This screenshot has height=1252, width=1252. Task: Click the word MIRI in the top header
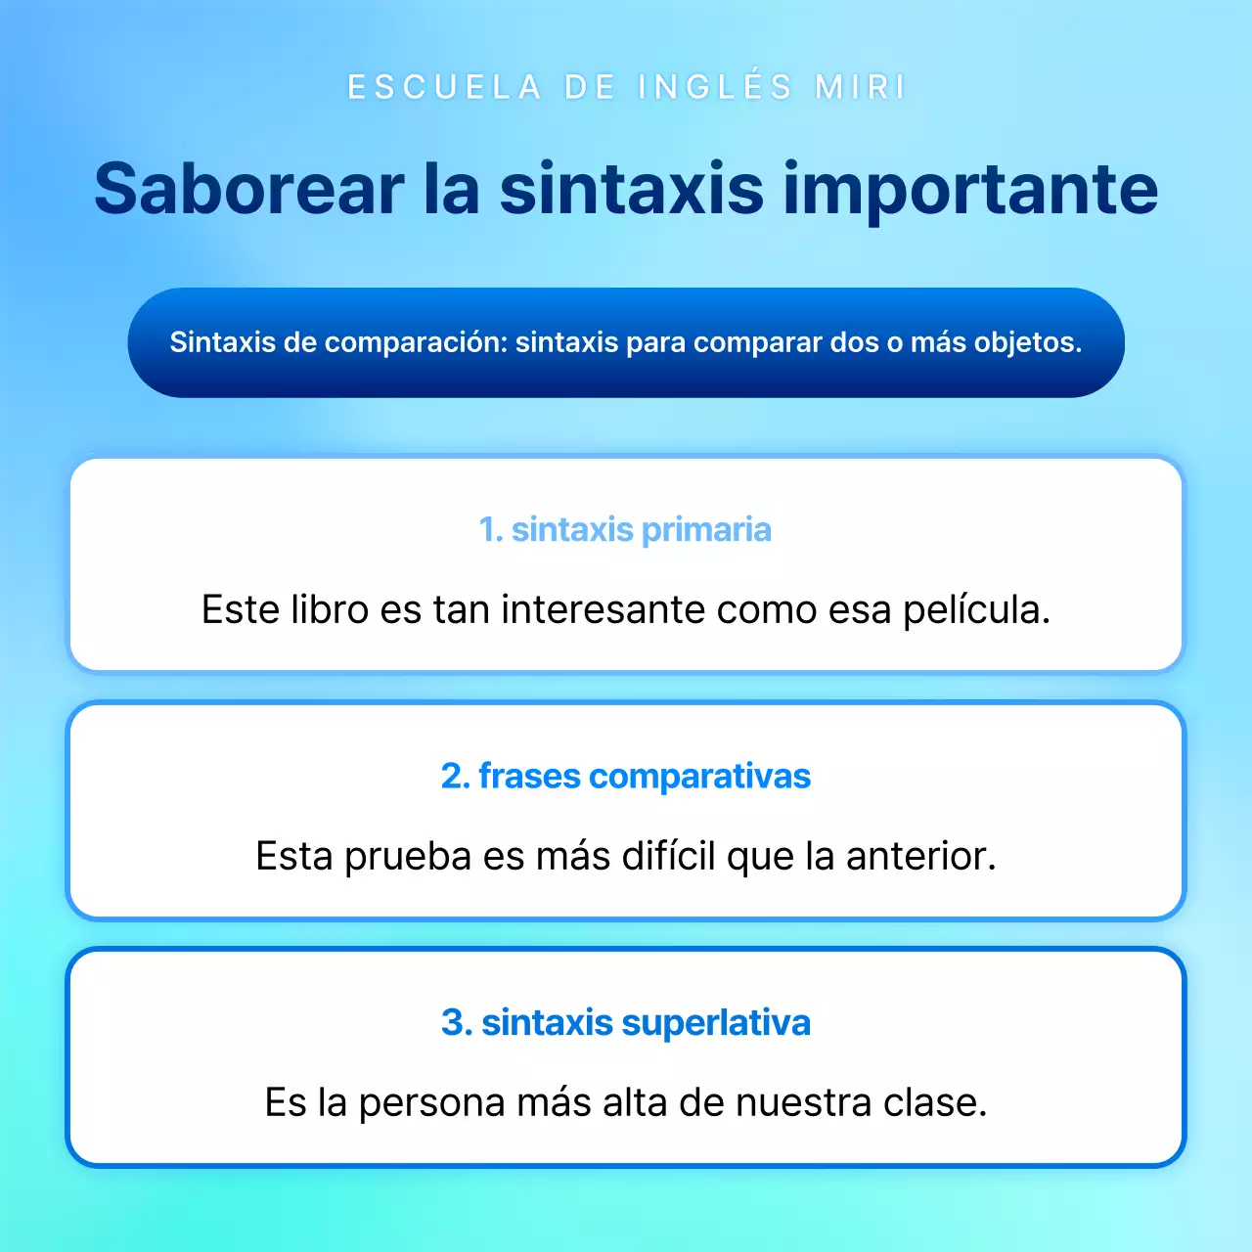coord(861,87)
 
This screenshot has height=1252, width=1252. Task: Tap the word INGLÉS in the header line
coord(715,87)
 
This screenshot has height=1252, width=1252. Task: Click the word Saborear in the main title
coord(248,189)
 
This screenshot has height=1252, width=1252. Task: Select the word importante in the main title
coord(969,189)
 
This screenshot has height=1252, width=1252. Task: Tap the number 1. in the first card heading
coord(491,529)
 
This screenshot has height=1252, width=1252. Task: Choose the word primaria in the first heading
coord(706,529)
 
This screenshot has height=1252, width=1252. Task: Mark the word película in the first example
coord(975,609)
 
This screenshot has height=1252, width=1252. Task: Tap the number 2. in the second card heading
coord(455,776)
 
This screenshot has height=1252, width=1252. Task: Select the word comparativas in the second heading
coord(699,776)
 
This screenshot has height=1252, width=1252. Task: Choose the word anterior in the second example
coord(920,856)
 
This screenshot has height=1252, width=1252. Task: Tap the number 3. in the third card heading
coord(457,1022)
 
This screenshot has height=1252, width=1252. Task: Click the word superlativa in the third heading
coord(715,1022)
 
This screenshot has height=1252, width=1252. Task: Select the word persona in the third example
coord(432,1102)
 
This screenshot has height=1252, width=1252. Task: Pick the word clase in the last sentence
coord(935,1102)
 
